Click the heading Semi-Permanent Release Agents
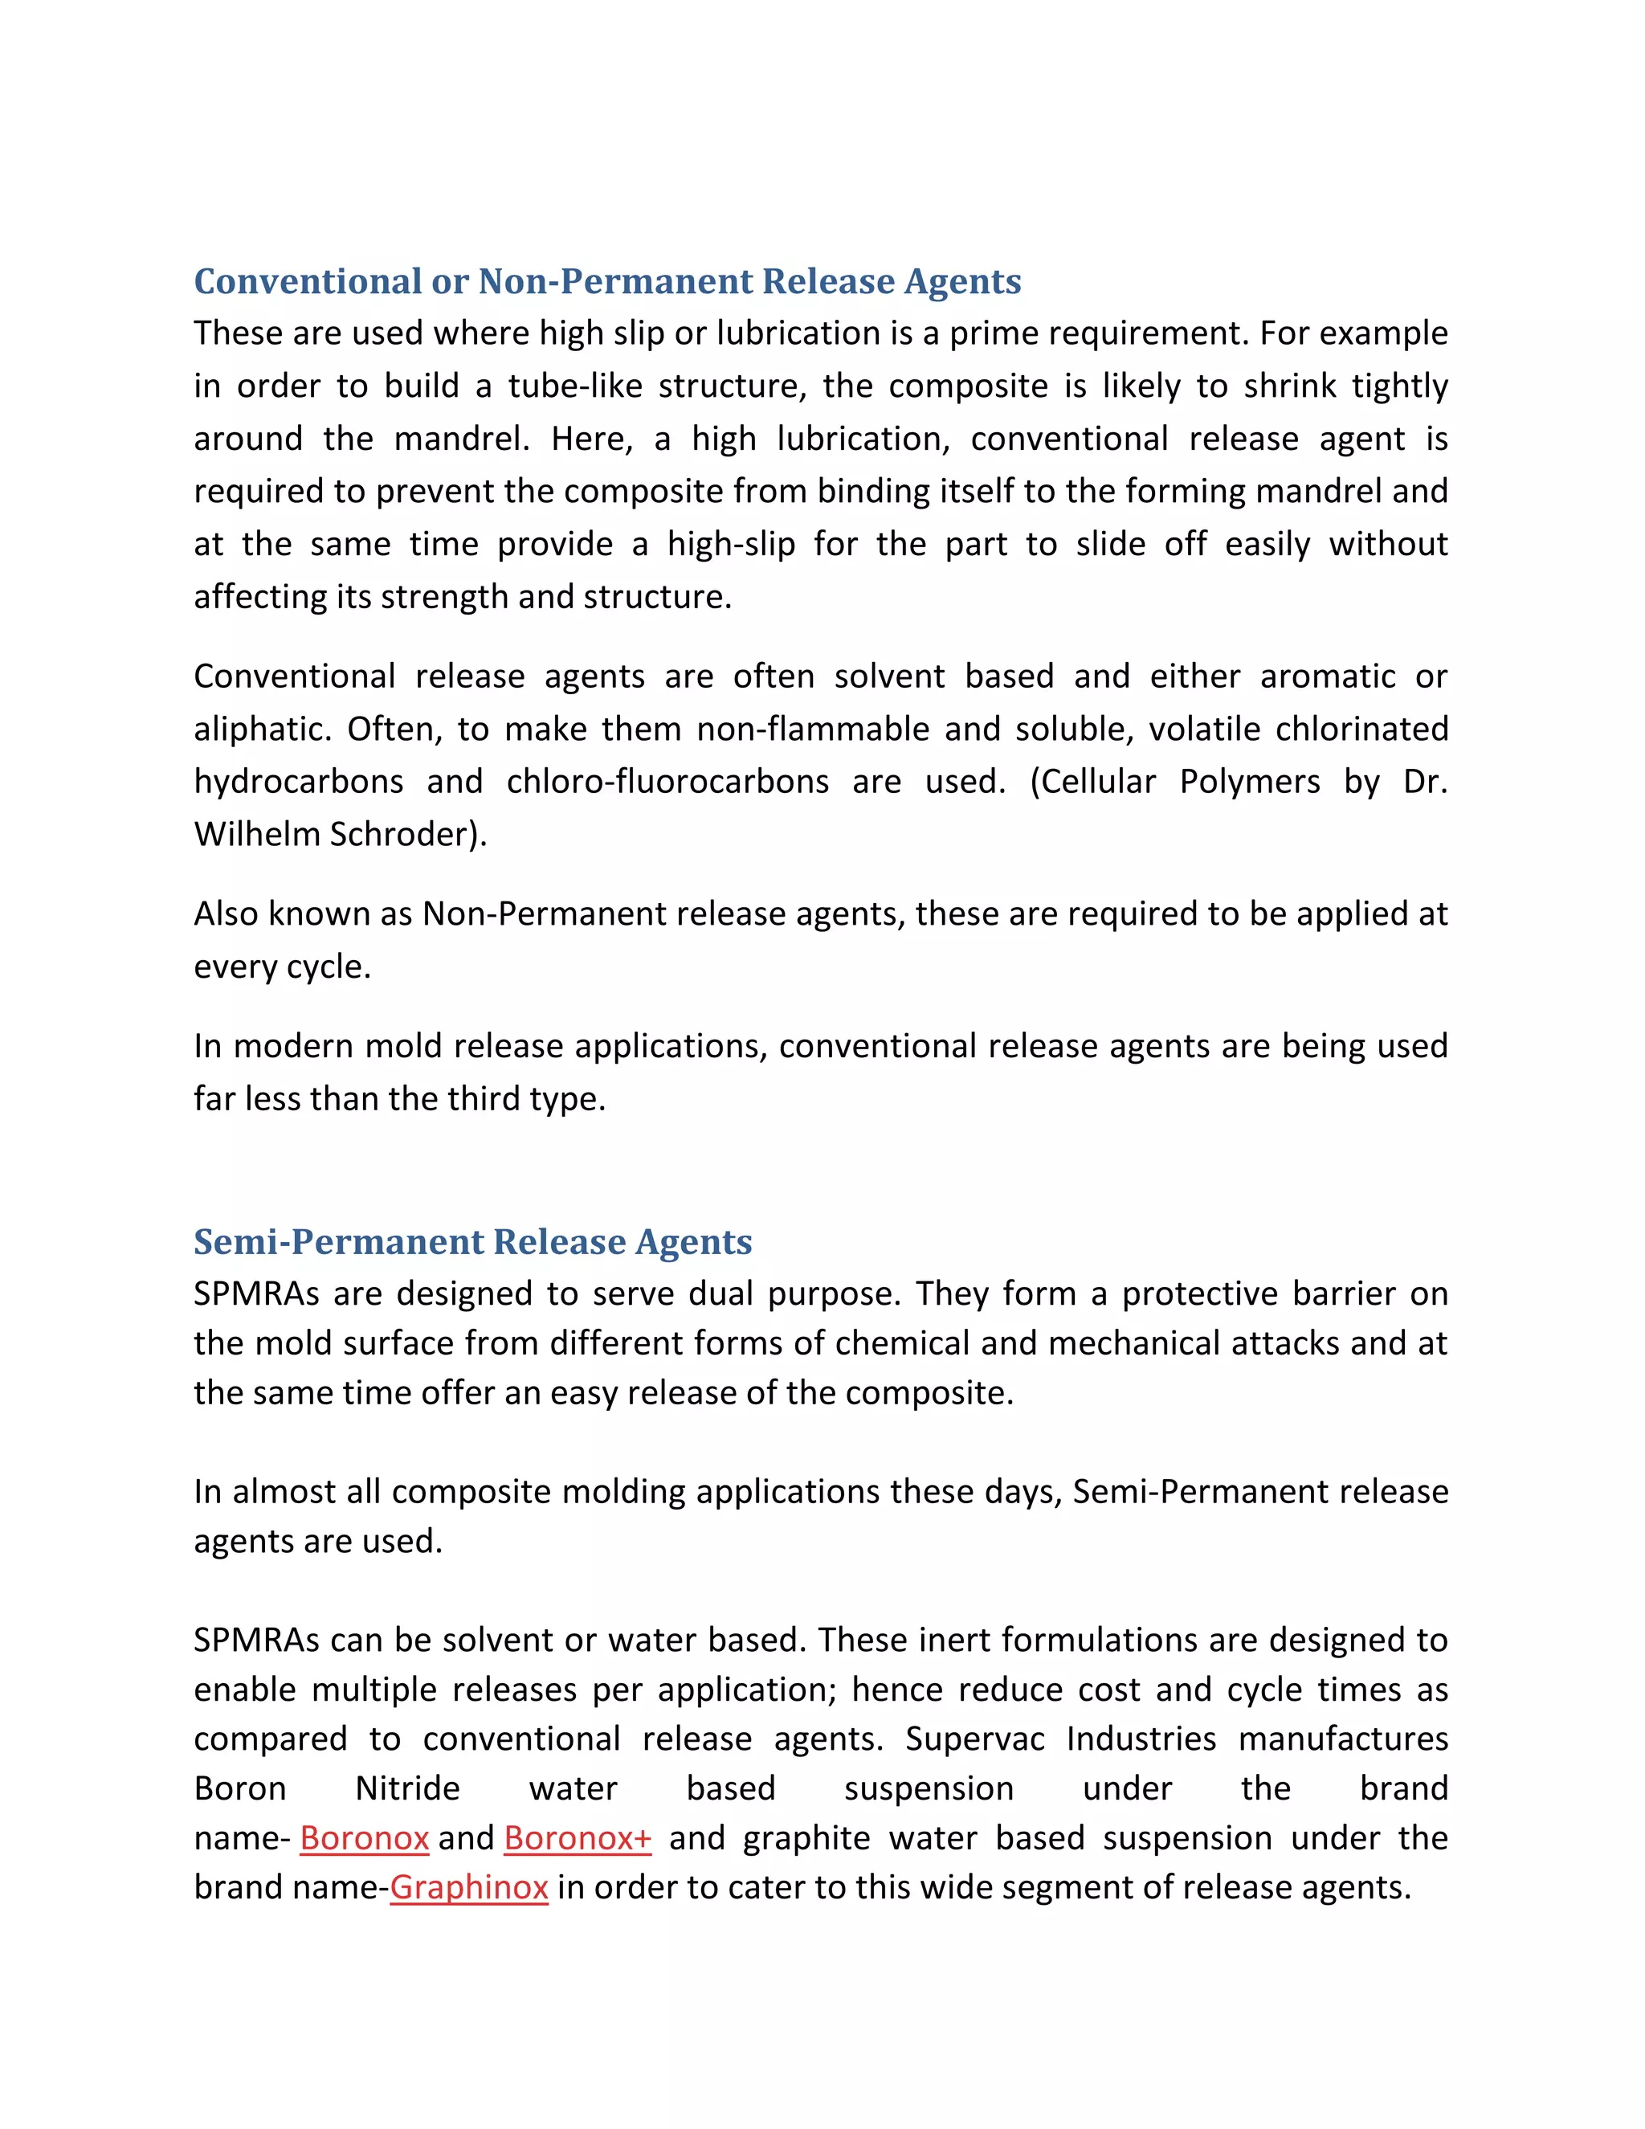coord(472,1242)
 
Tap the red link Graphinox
coord(469,1887)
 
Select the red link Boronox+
coord(577,1837)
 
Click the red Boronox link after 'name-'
coord(365,1837)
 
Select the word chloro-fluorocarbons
coord(667,782)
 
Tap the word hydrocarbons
coord(298,782)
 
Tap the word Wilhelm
coord(257,835)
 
